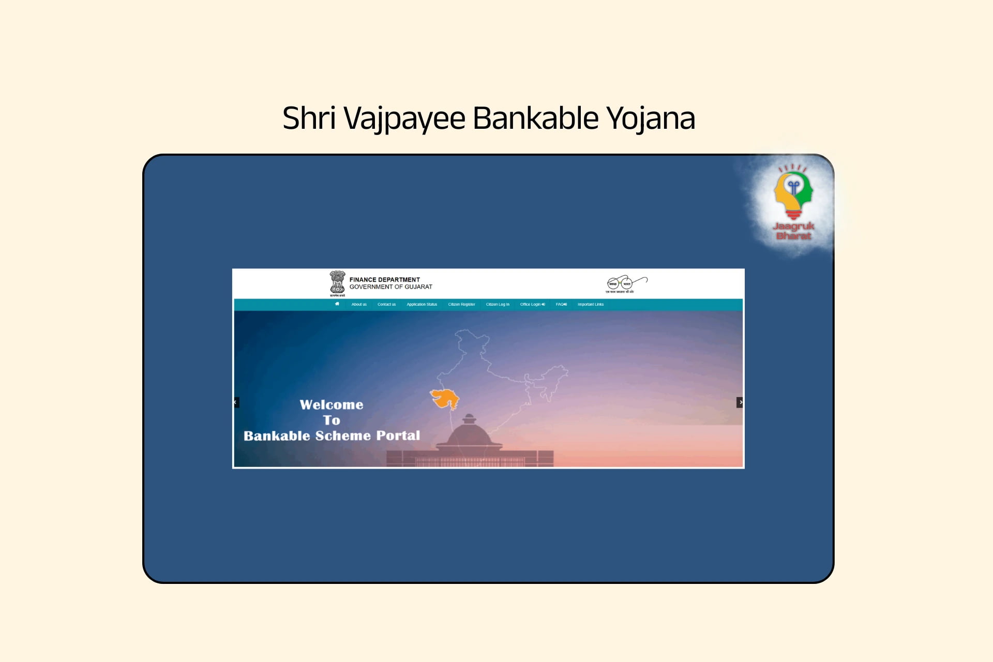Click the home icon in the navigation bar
click(337, 304)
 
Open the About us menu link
click(359, 305)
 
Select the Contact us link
click(386, 305)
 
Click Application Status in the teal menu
click(422, 305)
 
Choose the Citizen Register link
click(461, 305)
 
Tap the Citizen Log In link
click(498, 305)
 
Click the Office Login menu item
click(532, 305)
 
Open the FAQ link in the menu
click(561, 305)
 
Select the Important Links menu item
click(591, 305)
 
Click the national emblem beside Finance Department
click(337, 283)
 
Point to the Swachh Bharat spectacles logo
click(626, 284)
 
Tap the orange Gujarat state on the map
click(445, 398)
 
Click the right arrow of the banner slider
click(740, 402)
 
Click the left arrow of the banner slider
click(236, 402)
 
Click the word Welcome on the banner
click(332, 404)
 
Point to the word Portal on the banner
click(398, 435)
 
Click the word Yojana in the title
click(651, 118)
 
